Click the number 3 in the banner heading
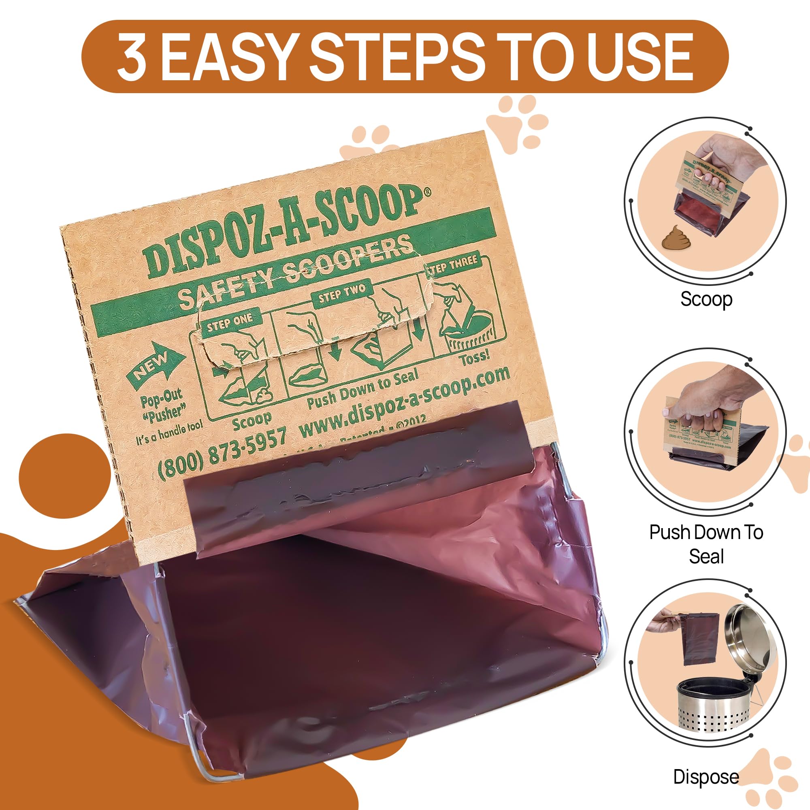click(133, 57)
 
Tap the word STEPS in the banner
click(395, 57)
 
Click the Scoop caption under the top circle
click(706, 299)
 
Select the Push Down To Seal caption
click(706, 544)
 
